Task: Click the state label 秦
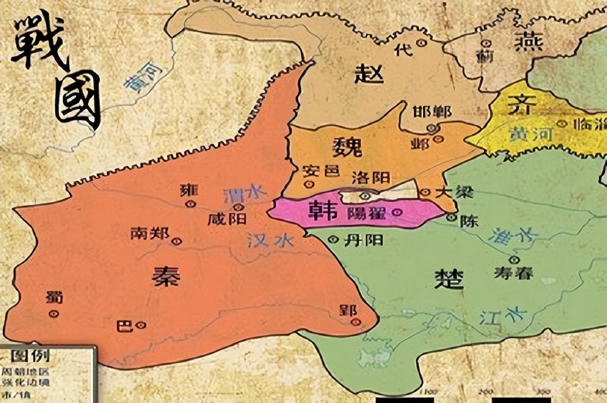click(x=166, y=276)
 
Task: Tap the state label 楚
click(x=449, y=280)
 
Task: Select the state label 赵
click(x=369, y=74)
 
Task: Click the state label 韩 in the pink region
click(x=322, y=211)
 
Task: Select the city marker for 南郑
click(x=177, y=241)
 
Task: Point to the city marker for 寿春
click(x=514, y=260)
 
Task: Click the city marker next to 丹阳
click(x=334, y=240)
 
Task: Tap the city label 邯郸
click(x=432, y=111)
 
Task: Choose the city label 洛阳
click(x=371, y=178)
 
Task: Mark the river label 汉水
click(x=270, y=241)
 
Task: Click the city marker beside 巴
click(x=140, y=325)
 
